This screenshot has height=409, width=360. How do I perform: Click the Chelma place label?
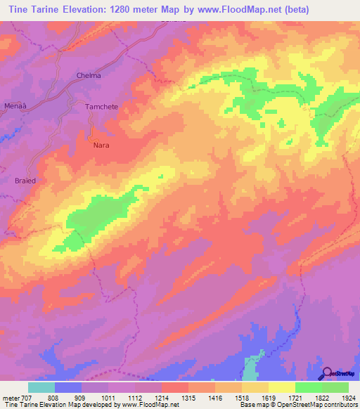point(89,75)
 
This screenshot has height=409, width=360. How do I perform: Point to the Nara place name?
point(101,145)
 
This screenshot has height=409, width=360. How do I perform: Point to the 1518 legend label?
point(242,398)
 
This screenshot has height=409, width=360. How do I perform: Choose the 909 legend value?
point(81,398)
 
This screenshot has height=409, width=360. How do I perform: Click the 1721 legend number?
point(295,398)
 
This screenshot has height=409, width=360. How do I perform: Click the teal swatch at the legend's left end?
point(41,387)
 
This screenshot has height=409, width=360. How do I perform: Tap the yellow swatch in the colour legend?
point(281,387)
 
